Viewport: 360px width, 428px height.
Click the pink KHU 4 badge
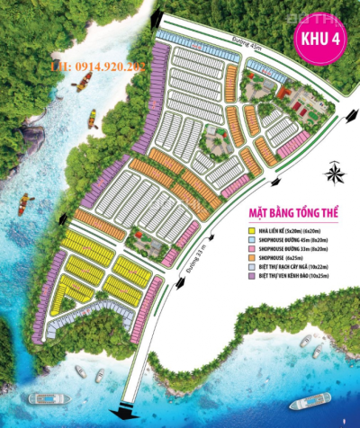pyautogui.click(x=319, y=40)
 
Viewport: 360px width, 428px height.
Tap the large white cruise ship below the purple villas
pyautogui.click(x=43, y=397)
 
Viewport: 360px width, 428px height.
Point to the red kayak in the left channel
pyautogui.click(x=26, y=203)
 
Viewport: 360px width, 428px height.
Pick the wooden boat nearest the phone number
pyautogui.click(x=83, y=81)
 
